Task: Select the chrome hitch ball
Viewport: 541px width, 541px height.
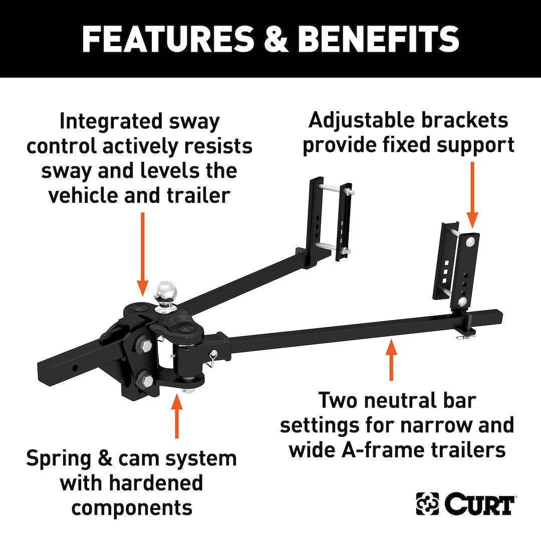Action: (x=166, y=291)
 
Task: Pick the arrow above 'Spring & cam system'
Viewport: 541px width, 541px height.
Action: (x=176, y=416)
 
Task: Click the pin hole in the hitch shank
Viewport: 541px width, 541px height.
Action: (x=74, y=368)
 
